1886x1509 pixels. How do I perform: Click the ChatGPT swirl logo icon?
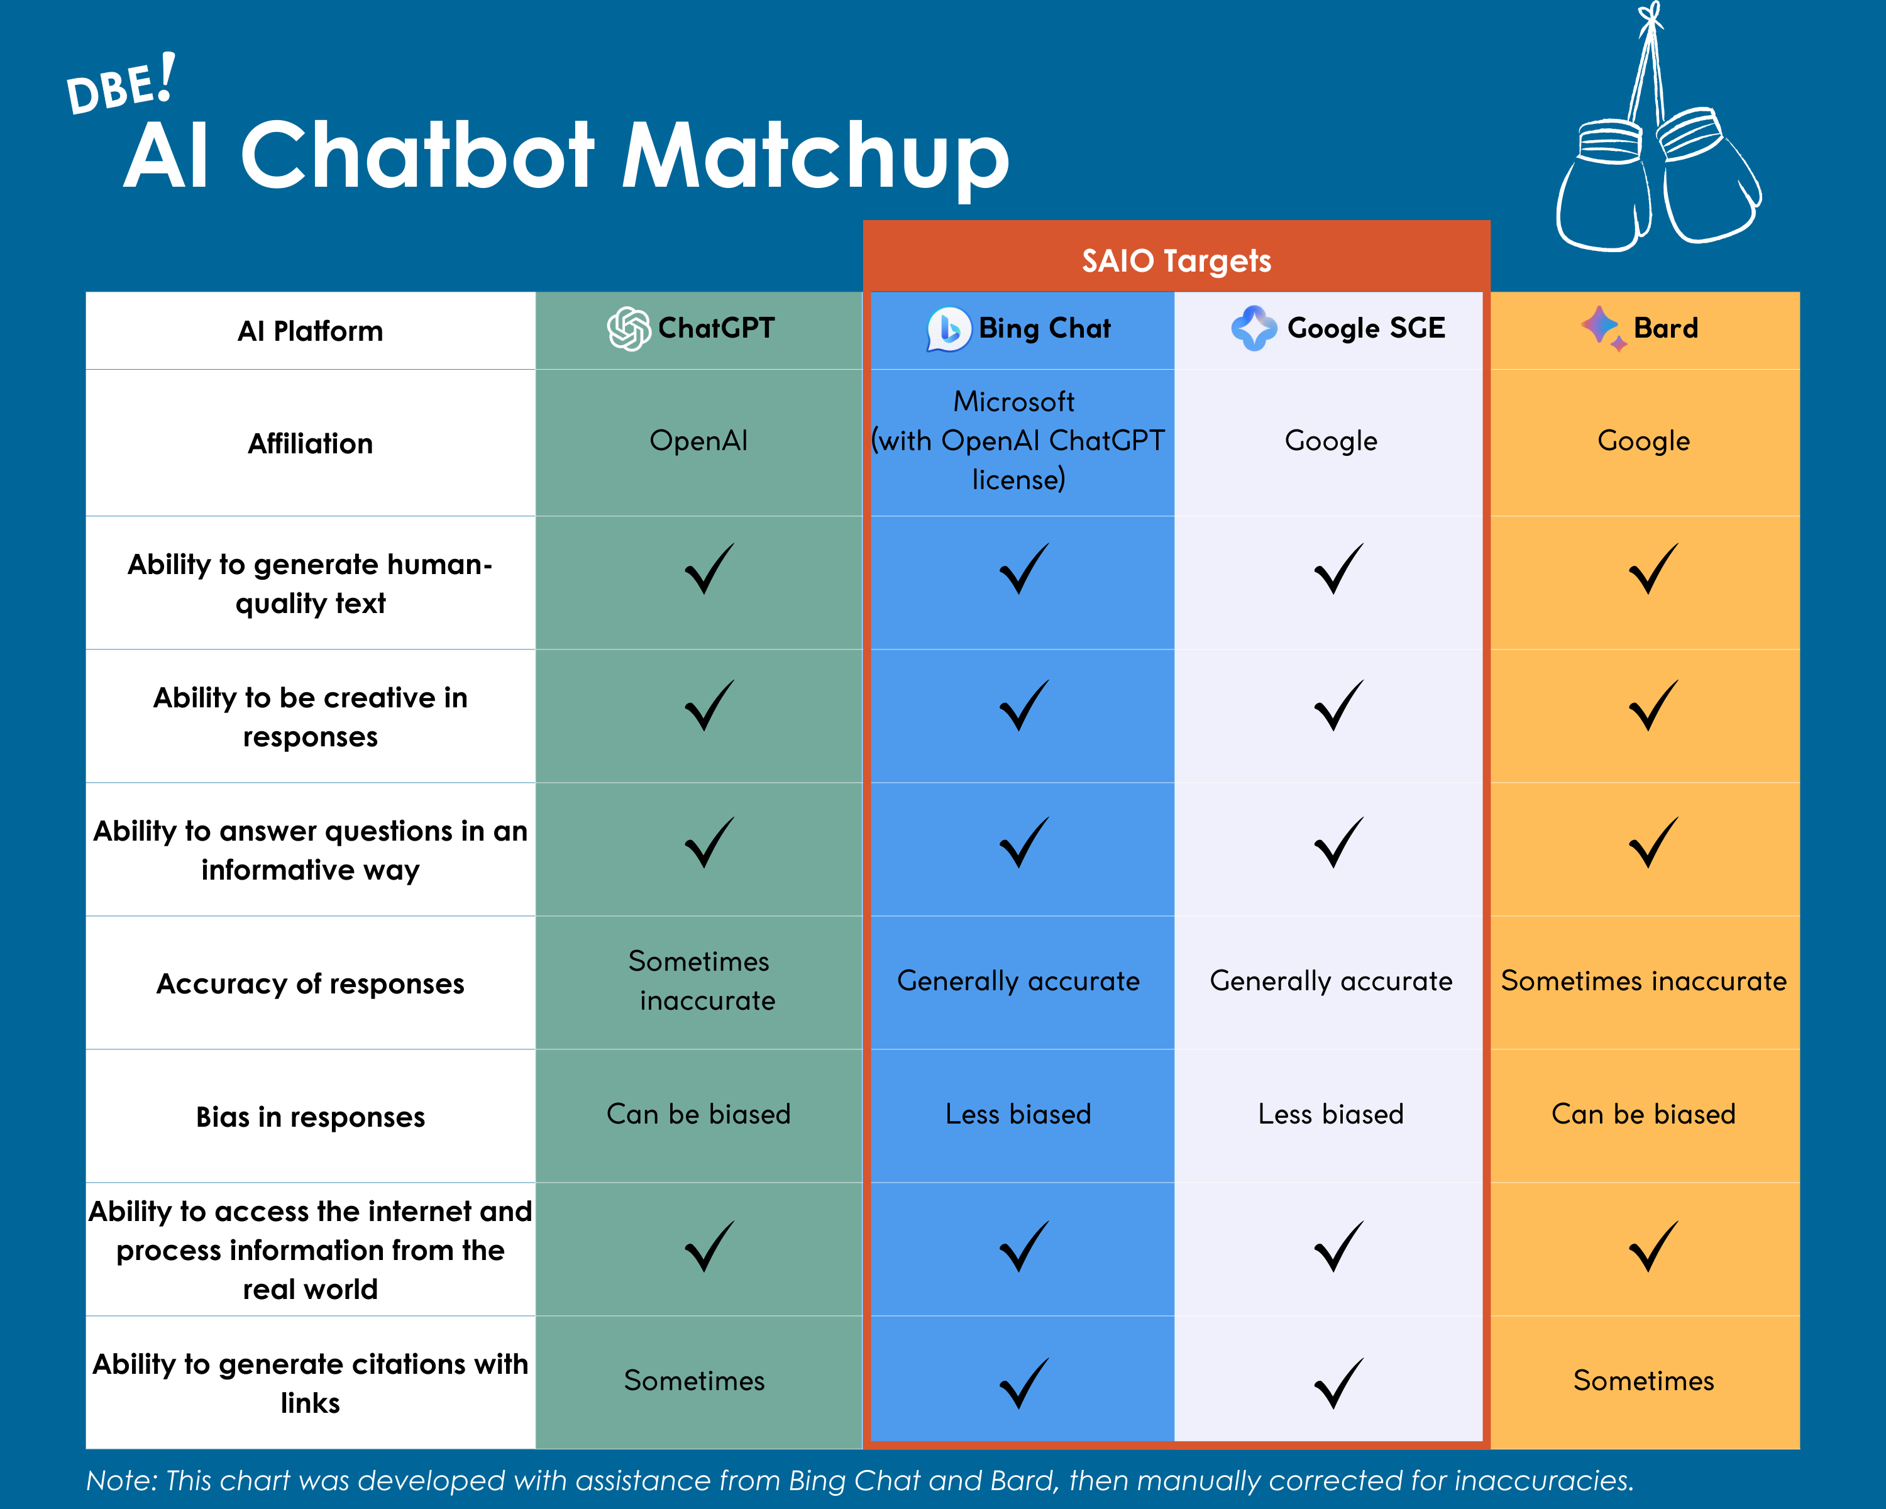(x=628, y=329)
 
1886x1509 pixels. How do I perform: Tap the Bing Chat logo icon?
(x=948, y=329)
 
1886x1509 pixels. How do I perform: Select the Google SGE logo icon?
(x=1254, y=329)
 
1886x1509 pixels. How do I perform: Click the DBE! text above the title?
(x=121, y=86)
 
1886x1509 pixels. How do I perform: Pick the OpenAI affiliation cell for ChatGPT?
(x=698, y=441)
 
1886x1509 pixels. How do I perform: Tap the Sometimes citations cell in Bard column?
(x=1643, y=1380)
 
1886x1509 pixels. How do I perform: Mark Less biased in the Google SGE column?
(x=1330, y=1115)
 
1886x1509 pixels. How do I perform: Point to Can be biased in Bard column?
(x=1643, y=1115)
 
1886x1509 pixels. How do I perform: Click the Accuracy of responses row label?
(x=310, y=984)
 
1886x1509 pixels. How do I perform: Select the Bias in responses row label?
(x=310, y=1117)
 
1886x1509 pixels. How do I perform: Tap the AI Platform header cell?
(x=310, y=331)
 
